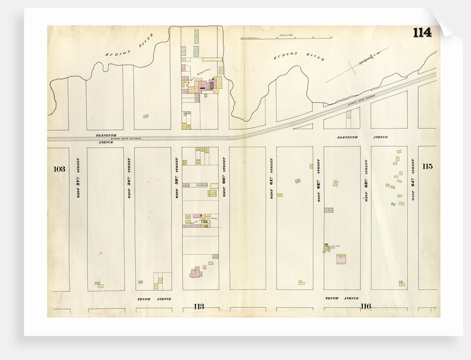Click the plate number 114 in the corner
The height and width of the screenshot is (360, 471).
[x=422, y=32]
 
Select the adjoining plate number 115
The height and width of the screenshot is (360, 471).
[x=427, y=166]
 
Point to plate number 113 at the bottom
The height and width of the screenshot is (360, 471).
[x=199, y=306]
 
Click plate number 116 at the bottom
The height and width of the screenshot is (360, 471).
[x=365, y=306]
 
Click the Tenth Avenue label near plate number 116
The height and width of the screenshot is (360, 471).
[x=339, y=298]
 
